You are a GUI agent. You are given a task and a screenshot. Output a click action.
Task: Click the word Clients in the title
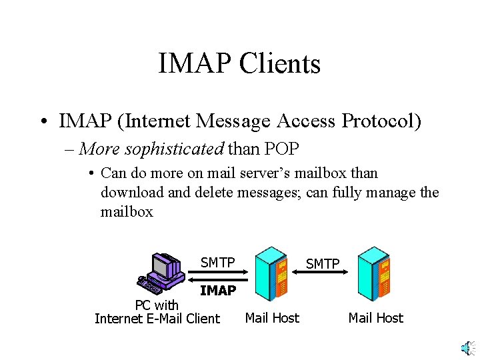279,64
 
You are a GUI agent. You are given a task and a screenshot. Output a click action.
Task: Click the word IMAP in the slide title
194,64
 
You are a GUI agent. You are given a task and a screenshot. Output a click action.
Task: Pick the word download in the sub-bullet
131,193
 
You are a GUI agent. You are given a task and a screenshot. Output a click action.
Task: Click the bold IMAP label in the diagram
217,291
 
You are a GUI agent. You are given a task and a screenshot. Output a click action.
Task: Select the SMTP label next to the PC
217,263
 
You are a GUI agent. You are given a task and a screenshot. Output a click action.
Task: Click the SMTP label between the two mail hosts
323,264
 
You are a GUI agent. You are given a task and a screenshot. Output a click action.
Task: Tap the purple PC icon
163,273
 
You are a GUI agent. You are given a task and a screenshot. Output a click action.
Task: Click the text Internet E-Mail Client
157,319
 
